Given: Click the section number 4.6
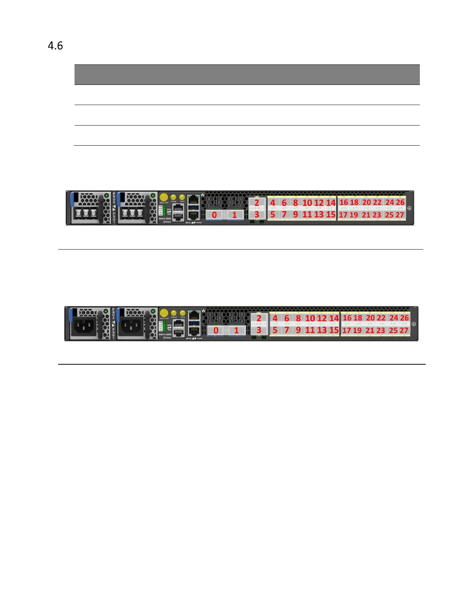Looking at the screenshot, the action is (x=55, y=46).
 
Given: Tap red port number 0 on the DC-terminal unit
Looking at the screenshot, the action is (x=214, y=215).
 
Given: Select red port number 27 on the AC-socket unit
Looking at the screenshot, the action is (x=404, y=330).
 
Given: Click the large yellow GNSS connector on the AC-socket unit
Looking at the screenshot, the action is (x=164, y=313).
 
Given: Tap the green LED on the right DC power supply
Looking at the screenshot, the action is (x=153, y=195).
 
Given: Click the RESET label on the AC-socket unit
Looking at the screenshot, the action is (x=167, y=337).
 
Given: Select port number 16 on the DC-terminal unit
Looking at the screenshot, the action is (x=343, y=202).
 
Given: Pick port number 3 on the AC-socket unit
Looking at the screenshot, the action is (x=259, y=330).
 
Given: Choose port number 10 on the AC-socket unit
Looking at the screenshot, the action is (x=310, y=318).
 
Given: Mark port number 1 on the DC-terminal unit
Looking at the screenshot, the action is (x=234, y=215).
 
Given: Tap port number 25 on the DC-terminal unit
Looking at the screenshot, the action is (x=389, y=215).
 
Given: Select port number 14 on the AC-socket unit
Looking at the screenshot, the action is (x=334, y=318).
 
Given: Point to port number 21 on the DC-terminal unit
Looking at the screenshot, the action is (x=366, y=215).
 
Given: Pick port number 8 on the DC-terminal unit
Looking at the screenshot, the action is (x=295, y=203).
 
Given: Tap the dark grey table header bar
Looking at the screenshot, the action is (x=247, y=74).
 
